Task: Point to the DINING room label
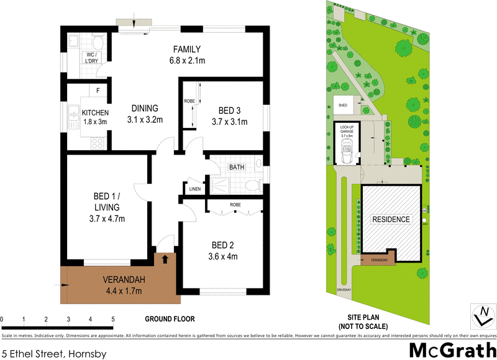coord(144,107)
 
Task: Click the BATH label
coord(236,168)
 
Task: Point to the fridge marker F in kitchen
coord(98,91)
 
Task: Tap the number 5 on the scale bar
coord(113,320)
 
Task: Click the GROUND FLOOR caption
coord(170,319)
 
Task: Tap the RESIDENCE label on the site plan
coord(391,219)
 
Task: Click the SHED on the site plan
coord(342,106)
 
